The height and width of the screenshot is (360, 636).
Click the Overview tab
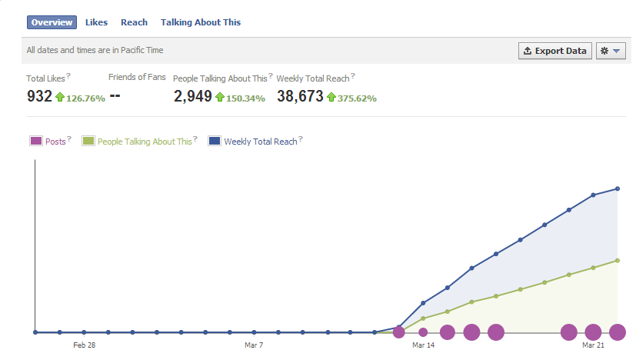[x=52, y=22]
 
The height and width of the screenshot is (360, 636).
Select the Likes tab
[x=96, y=22]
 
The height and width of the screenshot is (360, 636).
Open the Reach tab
[x=134, y=22]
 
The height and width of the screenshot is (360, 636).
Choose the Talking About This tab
[x=201, y=22]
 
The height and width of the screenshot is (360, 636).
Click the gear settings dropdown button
[x=611, y=51]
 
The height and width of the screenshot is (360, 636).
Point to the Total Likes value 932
[x=39, y=96]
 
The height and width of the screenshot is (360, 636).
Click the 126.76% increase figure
[x=85, y=98]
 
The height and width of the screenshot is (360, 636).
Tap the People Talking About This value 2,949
[x=193, y=96]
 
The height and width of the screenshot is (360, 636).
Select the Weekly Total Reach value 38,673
[x=300, y=96]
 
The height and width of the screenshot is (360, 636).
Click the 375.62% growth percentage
[x=357, y=98]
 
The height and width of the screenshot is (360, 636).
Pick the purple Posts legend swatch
[x=36, y=141]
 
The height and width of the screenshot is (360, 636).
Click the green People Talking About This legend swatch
[x=88, y=141]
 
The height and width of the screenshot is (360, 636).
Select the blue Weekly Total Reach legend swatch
[x=215, y=141]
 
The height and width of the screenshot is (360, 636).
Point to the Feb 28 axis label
[x=85, y=345]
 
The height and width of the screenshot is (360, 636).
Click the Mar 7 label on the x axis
[x=254, y=345]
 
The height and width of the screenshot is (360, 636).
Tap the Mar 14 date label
[x=424, y=345]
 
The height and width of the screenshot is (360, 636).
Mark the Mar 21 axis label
[x=594, y=345]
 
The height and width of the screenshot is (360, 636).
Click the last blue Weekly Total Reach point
[x=618, y=188]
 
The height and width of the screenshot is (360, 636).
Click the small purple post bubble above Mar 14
[x=423, y=332]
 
